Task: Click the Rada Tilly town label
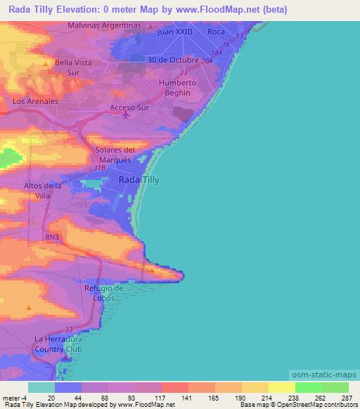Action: pos(139,180)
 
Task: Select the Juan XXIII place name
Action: pos(175,32)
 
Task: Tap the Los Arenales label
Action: pos(34,101)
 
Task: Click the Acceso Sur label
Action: pos(127,108)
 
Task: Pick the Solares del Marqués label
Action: pos(115,155)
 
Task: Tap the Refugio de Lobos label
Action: pos(104,293)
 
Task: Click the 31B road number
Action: pos(98,169)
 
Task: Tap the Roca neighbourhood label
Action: pos(215,32)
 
